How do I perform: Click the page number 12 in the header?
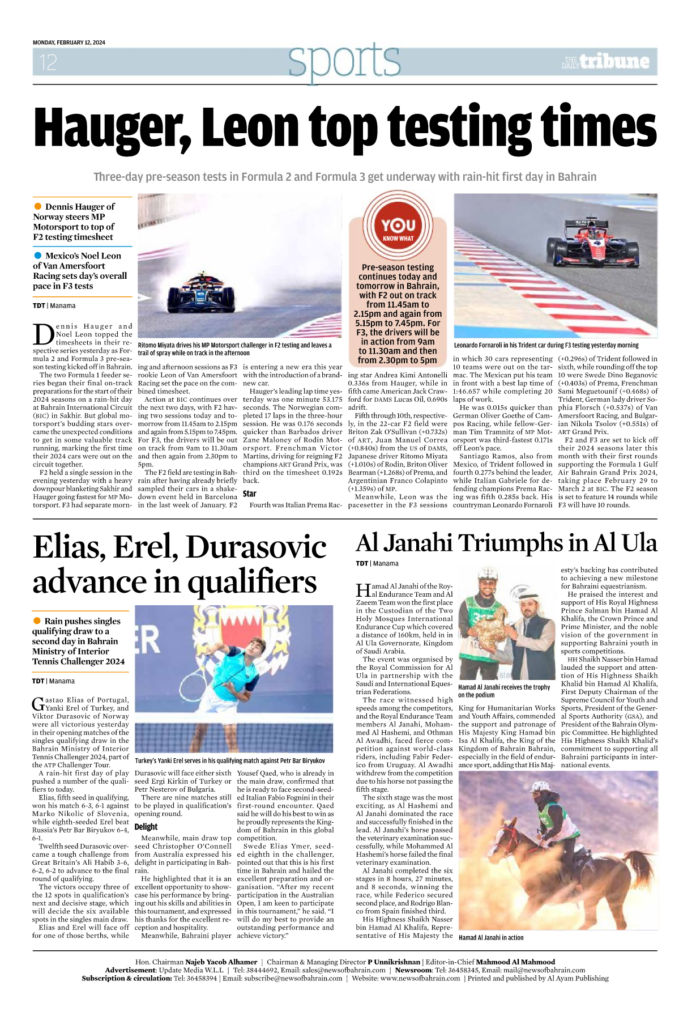coord(48,62)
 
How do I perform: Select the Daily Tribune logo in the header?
coord(605,62)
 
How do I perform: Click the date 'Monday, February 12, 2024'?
coord(69,42)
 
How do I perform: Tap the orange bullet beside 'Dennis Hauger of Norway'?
coord(38,206)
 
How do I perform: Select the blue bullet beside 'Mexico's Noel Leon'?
coord(38,256)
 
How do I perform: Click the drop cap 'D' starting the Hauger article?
coord(43,334)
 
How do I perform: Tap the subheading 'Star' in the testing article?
coord(250,494)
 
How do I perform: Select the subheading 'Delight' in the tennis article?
coord(146,827)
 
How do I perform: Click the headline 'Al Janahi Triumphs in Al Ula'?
coord(506,543)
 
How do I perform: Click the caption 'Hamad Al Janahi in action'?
coord(491,938)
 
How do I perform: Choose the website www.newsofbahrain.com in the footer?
coord(420,978)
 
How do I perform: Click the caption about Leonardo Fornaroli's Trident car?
coord(546,345)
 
